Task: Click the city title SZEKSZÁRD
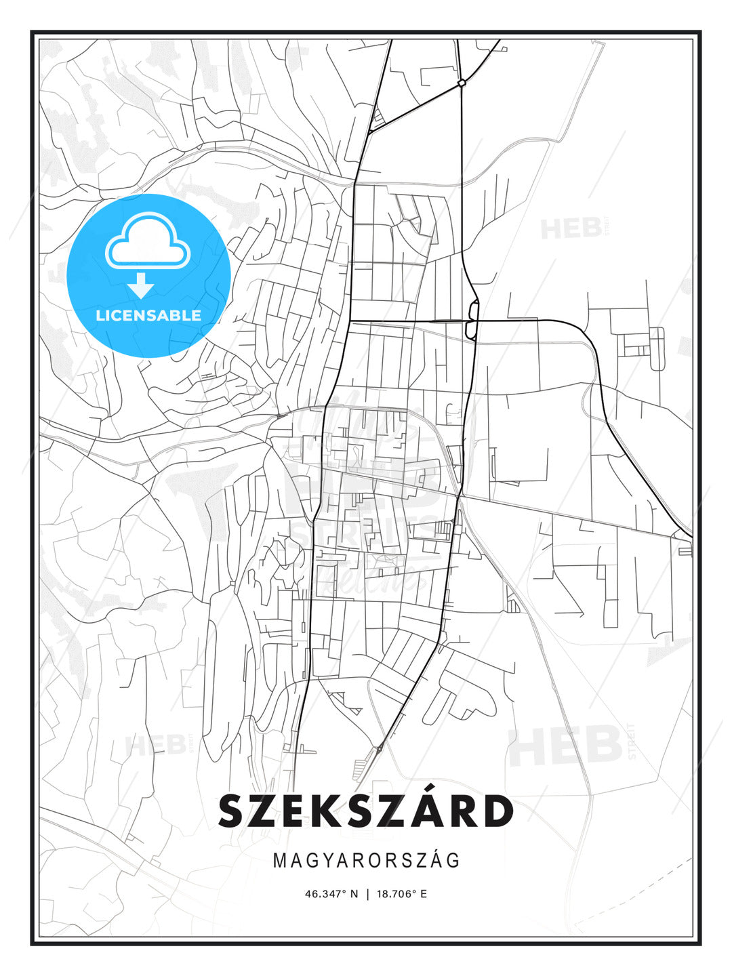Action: (x=366, y=811)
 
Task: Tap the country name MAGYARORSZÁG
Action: (x=366, y=860)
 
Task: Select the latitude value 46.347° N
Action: (x=331, y=893)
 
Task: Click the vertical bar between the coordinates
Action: (x=367, y=893)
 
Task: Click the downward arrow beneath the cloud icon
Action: (x=142, y=285)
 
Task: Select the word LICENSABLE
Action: (x=148, y=315)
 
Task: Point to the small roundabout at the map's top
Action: (x=461, y=83)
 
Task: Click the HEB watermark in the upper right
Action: (x=571, y=228)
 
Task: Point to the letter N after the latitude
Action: (x=353, y=893)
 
